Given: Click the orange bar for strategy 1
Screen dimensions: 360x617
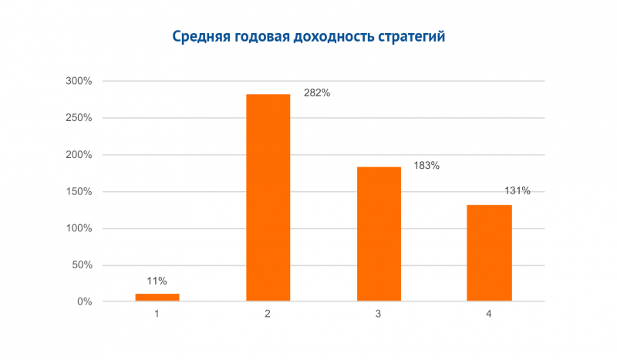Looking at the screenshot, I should coord(157,297).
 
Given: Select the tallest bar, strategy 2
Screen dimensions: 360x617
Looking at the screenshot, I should coord(268,197).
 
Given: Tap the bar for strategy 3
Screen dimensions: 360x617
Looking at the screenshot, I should coord(379,234).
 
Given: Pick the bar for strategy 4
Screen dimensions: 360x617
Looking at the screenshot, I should coord(490,253).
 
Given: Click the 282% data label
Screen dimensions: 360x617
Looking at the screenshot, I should coord(317,93).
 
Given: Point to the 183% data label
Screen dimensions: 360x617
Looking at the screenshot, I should coord(427,165).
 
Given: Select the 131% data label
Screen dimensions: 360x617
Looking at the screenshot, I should coord(517,191).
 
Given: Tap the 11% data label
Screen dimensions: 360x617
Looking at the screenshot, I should coord(157,281).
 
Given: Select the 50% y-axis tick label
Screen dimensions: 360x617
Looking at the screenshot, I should coord(81,265).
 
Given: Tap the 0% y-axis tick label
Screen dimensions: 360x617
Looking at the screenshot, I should coord(84,302).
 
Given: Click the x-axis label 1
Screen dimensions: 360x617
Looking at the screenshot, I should coord(157,315).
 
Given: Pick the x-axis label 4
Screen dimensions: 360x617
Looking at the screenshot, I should coord(490,315).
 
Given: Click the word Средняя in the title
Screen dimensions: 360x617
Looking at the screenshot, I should coord(198,37).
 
